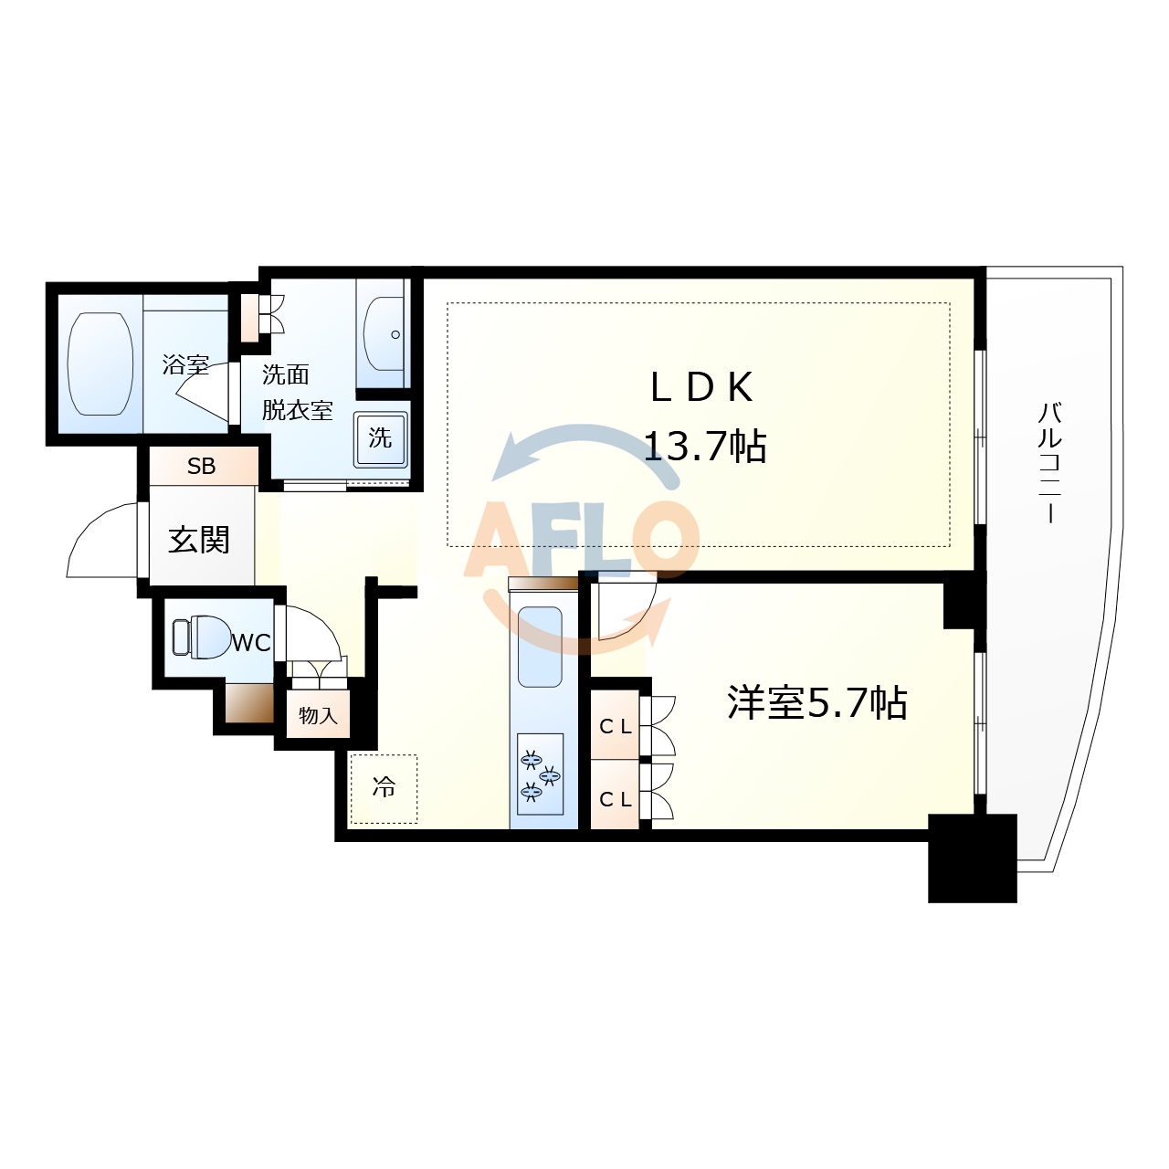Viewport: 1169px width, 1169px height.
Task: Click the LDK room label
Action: (701, 388)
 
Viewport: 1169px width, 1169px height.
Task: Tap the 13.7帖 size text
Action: (705, 447)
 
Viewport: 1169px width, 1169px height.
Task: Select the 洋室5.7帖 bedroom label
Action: (816, 703)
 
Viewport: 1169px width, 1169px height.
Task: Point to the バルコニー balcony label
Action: (1050, 461)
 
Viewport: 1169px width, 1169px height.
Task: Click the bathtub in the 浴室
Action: (100, 364)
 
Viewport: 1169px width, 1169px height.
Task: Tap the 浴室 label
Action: (185, 365)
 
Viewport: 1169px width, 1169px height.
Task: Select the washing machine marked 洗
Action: (380, 439)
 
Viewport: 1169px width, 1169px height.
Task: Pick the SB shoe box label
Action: (202, 467)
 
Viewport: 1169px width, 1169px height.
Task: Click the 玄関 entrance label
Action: (199, 540)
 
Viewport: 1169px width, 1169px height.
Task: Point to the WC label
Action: (250, 643)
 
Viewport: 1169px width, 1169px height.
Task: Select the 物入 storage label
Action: (318, 716)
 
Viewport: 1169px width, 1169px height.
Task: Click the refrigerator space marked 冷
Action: (384, 787)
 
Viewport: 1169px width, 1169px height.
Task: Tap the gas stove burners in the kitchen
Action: (540, 774)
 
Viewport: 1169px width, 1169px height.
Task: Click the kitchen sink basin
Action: (540, 647)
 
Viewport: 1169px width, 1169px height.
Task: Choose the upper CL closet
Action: (615, 726)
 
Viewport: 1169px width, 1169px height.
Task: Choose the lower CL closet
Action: (615, 798)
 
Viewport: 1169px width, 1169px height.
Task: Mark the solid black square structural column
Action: (973, 858)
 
